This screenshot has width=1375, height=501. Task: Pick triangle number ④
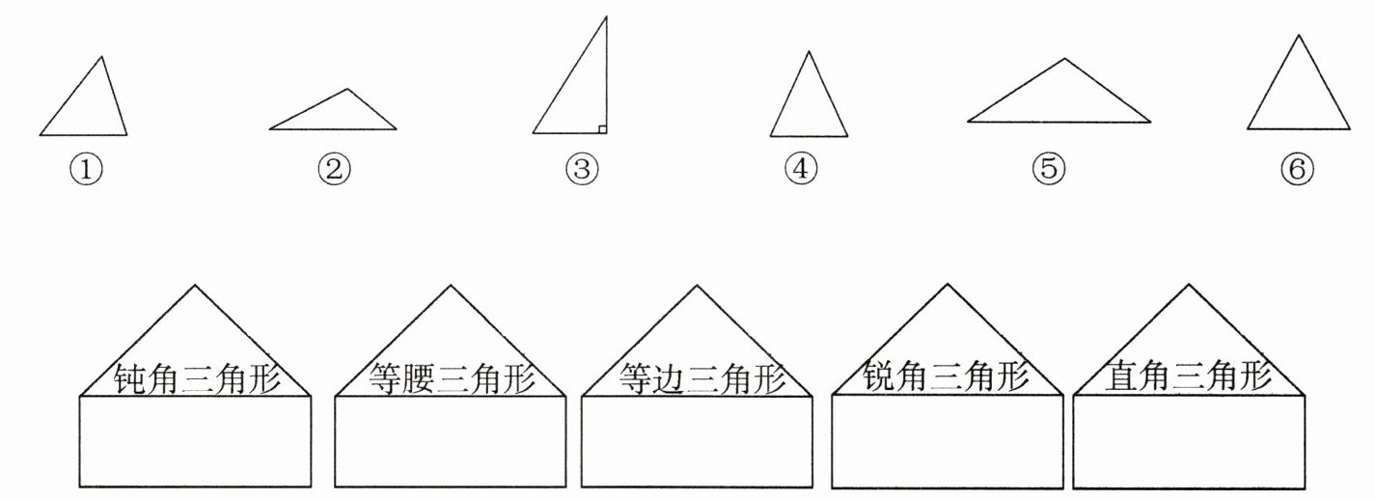(x=809, y=106)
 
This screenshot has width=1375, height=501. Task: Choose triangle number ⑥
(x=1299, y=97)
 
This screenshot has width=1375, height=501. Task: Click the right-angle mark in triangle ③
(x=601, y=128)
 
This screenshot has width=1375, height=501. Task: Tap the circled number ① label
(x=86, y=170)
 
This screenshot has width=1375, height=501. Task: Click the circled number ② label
(x=334, y=170)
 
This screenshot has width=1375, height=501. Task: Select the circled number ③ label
(x=582, y=170)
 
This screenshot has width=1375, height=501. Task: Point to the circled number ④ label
(x=801, y=170)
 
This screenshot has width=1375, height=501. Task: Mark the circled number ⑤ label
(x=1049, y=170)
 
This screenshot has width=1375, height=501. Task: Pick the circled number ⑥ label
(x=1297, y=170)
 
